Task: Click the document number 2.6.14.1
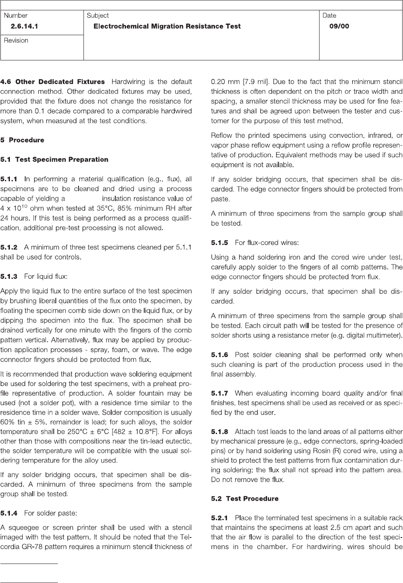(27, 26)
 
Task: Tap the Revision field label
(16, 41)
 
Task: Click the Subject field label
(98, 15)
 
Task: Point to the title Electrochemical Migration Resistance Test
(167, 26)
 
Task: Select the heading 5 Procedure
(22, 140)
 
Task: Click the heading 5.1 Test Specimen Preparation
(54, 159)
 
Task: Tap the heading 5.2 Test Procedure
(245, 499)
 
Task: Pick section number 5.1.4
(9, 513)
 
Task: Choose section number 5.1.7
(219, 393)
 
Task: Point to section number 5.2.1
(219, 518)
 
